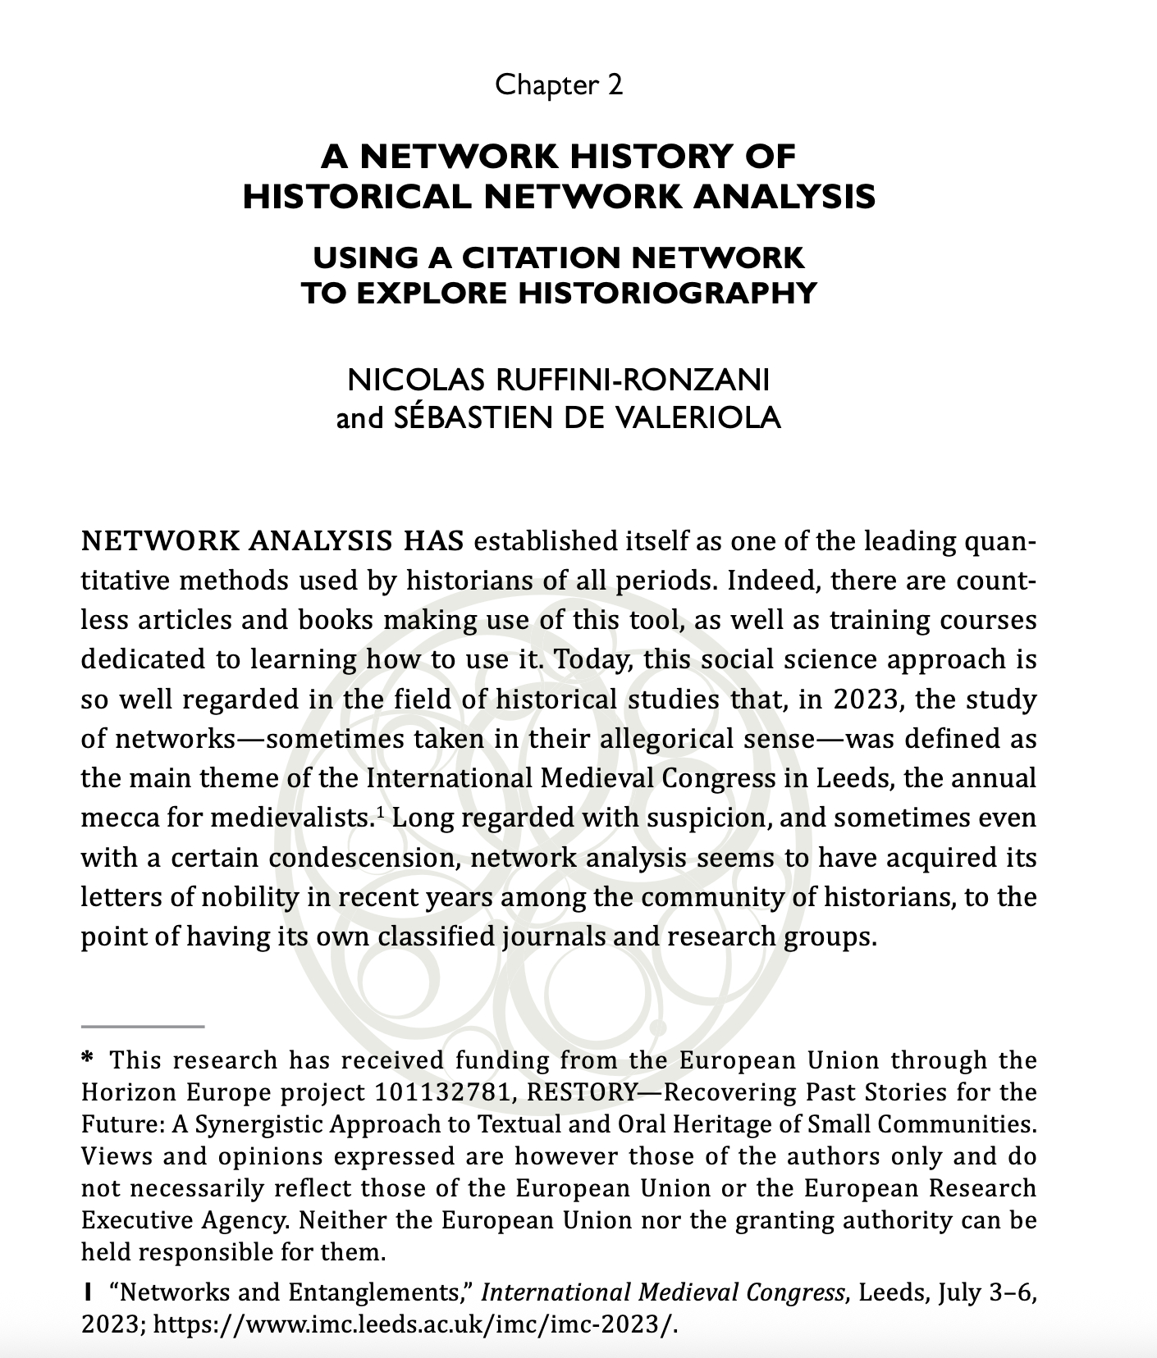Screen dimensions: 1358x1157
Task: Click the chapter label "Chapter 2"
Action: [x=559, y=84]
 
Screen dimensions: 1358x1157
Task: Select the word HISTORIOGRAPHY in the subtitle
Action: [x=666, y=293]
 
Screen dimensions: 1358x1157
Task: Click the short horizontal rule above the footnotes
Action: [x=142, y=1026]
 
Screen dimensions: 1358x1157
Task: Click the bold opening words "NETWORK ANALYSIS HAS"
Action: [x=272, y=542]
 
